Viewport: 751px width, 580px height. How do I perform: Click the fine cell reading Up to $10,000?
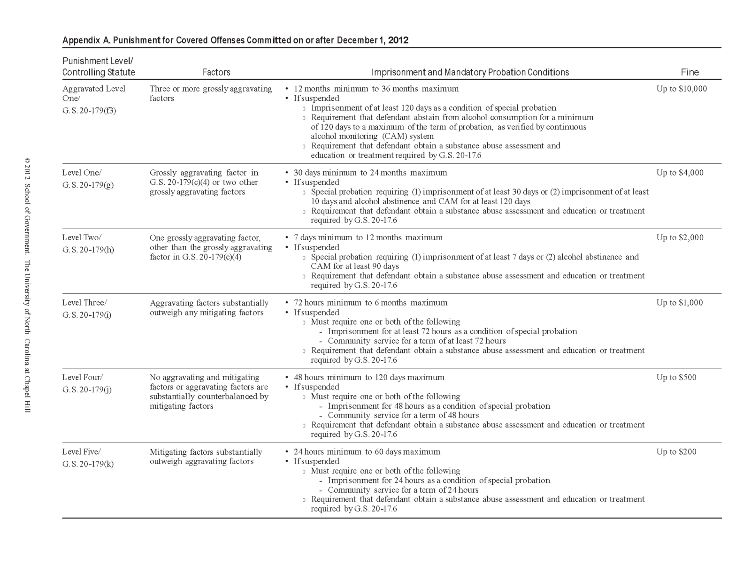[x=681, y=89]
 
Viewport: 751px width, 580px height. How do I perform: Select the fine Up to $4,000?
[x=680, y=173]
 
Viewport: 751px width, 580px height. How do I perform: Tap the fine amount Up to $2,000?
[x=680, y=237]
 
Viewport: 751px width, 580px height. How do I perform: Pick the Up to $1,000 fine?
[x=680, y=303]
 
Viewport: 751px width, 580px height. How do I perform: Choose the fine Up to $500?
[x=676, y=377]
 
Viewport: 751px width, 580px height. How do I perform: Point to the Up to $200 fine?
[x=676, y=452]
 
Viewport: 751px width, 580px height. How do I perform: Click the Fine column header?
[x=690, y=72]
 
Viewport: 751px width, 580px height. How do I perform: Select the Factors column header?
[x=216, y=72]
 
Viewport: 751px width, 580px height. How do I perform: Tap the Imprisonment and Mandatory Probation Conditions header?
[x=470, y=72]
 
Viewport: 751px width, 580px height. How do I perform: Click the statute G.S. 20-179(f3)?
[x=89, y=111]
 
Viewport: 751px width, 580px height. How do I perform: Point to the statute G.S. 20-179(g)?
[x=88, y=185]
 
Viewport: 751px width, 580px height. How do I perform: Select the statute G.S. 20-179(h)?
[x=88, y=250]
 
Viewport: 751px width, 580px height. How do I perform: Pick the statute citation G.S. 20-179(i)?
[x=87, y=315]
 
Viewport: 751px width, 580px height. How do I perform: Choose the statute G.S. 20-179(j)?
[x=87, y=389]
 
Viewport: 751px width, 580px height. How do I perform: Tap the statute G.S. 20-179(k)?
[x=88, y=464]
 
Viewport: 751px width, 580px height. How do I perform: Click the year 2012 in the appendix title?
[x=398, y=40]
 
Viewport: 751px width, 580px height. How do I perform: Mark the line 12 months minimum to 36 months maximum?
[x=376, y=89]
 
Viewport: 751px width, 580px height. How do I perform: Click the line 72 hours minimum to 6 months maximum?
[x=370, y=303]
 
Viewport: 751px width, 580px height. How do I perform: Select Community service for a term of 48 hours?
[x=403, y=415]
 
